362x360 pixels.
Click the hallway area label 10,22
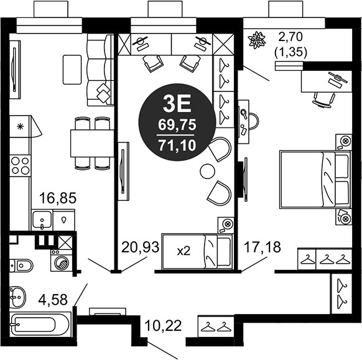(163, 326)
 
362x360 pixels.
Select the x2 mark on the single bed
(184, 251)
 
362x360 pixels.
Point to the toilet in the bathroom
(23, 266)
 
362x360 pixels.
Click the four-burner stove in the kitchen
(21, 165)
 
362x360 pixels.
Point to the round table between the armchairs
(207, 171)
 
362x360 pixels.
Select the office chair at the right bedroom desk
(323, 98)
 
